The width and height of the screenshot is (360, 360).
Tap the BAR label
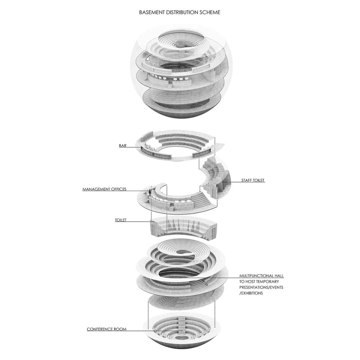click(x=123, y=146)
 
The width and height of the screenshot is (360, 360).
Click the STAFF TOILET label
click(x=253, y=180)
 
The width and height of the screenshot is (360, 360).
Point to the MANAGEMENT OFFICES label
click(x=104, y=189)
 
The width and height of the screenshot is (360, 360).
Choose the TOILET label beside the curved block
click(x=121, y=220)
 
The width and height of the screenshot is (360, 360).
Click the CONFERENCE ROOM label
click(x=107, y=329)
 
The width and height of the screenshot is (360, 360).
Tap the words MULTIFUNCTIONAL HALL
click(x=262, y=276)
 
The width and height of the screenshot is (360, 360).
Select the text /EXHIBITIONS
click(x=251, y=293)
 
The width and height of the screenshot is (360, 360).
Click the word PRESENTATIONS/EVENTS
click(x=261, y=287)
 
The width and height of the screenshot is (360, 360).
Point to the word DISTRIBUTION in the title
click(x=182, y=12)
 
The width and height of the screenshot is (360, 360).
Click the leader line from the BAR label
click(x=134, y=147)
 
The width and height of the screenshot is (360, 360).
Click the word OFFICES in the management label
click(x=119, y=189)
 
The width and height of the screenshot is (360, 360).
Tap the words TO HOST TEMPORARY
click(x=259, y=281)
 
